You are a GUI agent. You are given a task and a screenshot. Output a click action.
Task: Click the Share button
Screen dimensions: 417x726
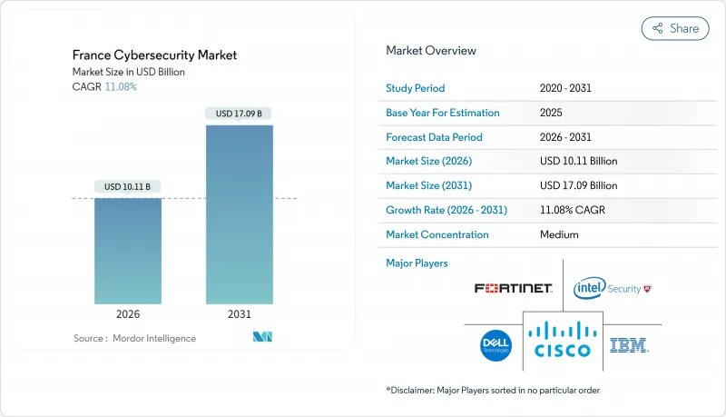pyautogui.click(x=675, y=28)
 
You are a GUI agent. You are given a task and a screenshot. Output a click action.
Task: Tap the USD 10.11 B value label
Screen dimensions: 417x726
pyautogui.click(x=128, y=186)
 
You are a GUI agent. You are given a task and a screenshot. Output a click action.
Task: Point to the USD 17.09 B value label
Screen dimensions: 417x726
pyautogui.click(x=240, y=114)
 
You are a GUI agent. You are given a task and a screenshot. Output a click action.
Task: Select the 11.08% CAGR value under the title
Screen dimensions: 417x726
pyautogui.click(x=123, y=86)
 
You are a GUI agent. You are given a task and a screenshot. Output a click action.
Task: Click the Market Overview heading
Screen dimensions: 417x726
pyautogui.click(x=431, y=51)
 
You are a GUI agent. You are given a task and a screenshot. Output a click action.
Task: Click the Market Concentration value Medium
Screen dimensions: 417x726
pyautogui.click(x=559, y=234)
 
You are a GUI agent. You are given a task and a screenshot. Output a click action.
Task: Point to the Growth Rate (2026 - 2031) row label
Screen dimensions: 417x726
pyautogui.click(x=446, y=210)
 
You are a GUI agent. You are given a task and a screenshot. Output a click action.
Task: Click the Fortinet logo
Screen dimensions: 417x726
pyautogui.click(x=513, y=288)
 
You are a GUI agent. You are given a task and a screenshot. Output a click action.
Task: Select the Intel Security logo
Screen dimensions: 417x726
pyautogui.click(x=613, y=288)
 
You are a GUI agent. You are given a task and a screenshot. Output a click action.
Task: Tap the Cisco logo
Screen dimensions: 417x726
pyautogui.click(x=563, y=338)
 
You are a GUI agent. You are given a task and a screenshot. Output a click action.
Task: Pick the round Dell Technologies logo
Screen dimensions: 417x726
pyautogui.click(x=496, y=344)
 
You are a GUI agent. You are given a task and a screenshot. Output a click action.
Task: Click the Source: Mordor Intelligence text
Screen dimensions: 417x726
pyautogui.click(x=134, y=338)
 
